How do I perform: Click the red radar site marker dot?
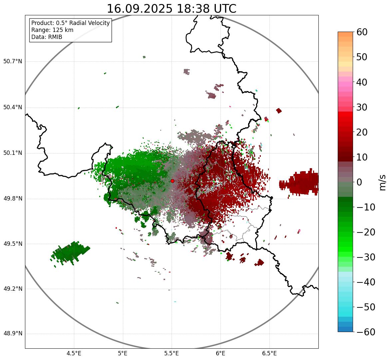(172, 181)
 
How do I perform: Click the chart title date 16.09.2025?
(140, 9)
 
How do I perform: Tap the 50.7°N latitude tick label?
(13, 61)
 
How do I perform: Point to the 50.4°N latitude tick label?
(13, 107)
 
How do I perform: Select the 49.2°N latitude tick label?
(13, 289)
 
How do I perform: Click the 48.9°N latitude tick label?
(13, 334)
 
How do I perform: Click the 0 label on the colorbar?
(359, 182)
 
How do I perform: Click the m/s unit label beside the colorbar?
(382, 182)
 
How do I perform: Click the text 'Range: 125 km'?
(52, 30)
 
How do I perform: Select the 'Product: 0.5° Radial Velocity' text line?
(70, 23)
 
